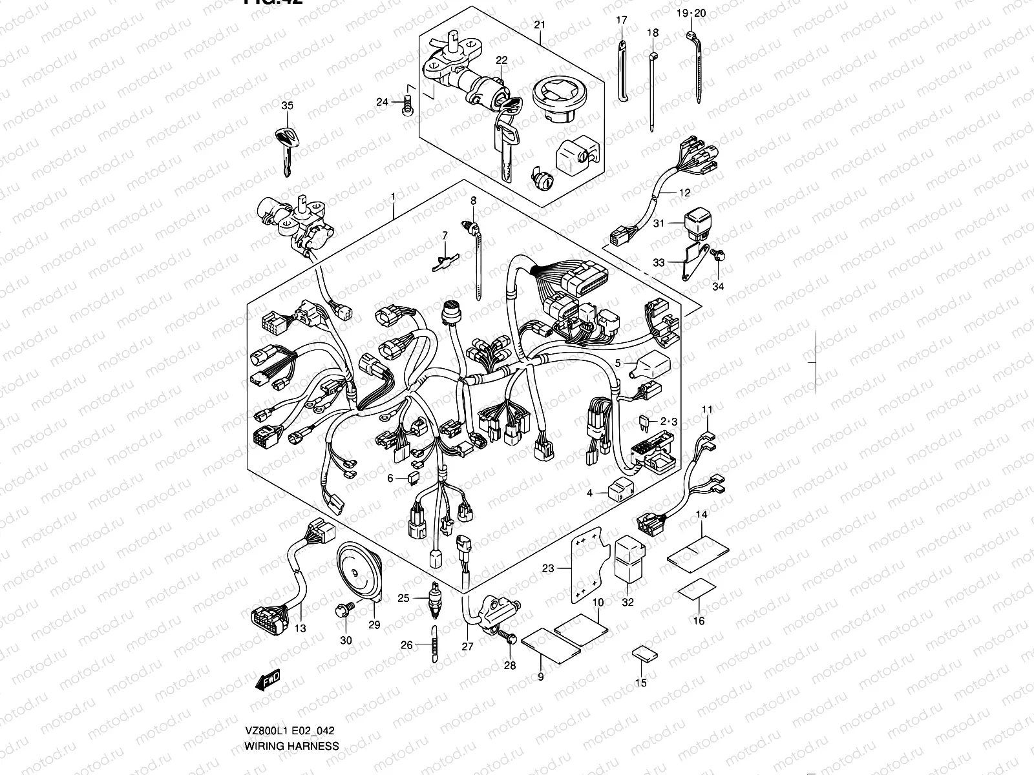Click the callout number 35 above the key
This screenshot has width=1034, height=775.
point(287,105)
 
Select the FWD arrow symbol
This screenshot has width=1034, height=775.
point(266,679)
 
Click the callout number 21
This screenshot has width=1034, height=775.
point(540,25)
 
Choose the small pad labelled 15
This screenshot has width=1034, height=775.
point(644,654)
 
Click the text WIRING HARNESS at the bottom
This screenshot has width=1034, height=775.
point(291,745)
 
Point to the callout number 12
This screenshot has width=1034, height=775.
point(684,192)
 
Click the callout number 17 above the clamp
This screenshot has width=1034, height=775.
point(621,21)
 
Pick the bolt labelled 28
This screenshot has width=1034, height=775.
point(509,639)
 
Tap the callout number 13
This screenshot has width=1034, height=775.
point(300,628)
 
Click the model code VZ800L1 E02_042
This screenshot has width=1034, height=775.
point(289,731)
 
